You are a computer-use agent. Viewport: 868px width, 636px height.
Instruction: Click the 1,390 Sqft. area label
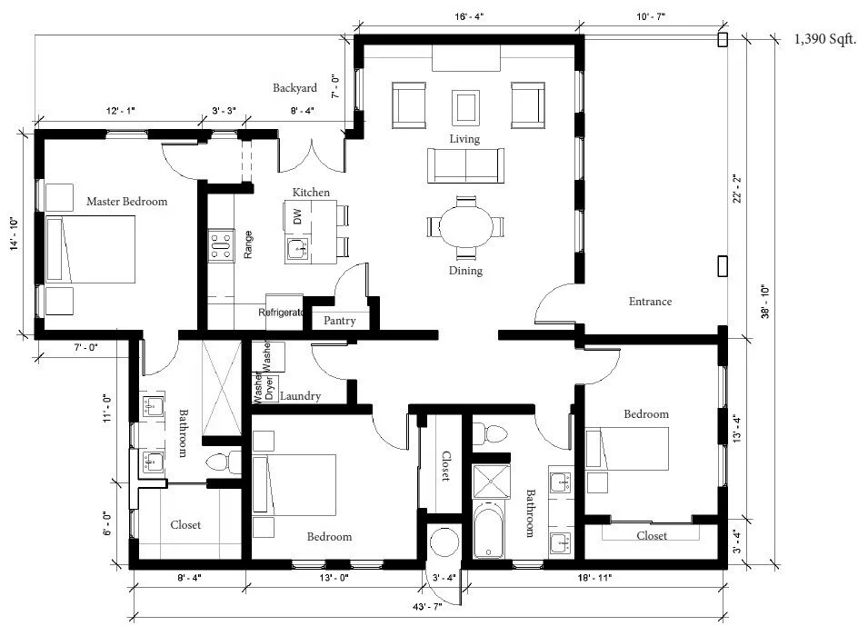coord(824,39)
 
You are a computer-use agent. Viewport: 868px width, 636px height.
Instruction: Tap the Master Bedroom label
coord(126,202)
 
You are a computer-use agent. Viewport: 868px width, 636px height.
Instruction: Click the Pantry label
coord(339,321)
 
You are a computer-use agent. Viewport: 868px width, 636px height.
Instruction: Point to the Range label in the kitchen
coord(248,244)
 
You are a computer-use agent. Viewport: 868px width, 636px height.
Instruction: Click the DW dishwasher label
coord(297,216)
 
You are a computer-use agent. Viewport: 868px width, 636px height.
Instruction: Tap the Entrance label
coord(650,302)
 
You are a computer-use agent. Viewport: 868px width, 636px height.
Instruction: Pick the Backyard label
coord(294,88)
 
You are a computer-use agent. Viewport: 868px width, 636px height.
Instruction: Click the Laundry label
coord(299,396)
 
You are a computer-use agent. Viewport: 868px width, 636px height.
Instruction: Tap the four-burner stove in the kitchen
coord(220,243)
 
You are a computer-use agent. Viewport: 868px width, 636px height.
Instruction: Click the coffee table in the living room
coord(465,105)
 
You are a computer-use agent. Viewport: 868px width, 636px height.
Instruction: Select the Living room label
coord(464,138)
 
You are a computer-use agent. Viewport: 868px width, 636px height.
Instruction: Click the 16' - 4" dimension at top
coord(468,16)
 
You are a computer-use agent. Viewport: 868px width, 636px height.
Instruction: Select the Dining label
coord(464,271)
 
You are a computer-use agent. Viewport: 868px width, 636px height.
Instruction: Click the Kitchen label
coord(311,193)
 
